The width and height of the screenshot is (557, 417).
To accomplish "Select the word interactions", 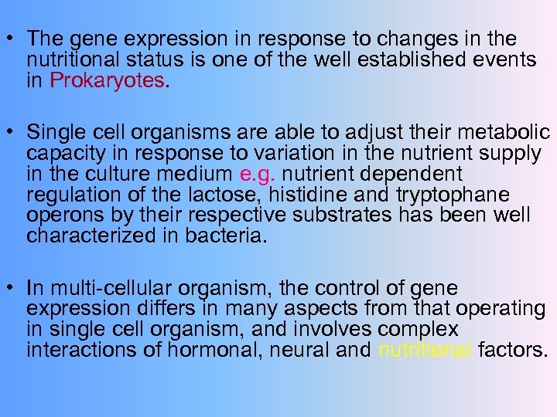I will (x=79, y=351).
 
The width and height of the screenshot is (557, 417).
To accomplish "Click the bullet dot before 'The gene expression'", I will (x=10, y=39).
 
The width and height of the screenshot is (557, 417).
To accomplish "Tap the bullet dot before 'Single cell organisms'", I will (x=10, y=133).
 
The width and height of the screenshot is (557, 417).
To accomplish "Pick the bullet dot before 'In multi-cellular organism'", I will (x=10, y=289).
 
